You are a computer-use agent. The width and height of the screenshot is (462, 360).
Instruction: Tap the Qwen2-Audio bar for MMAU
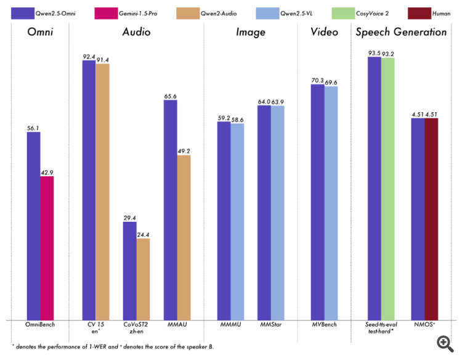tap(184, 237)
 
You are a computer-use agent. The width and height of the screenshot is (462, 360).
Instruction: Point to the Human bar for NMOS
tap(431, 218)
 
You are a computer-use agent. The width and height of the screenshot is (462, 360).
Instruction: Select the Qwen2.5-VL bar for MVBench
tap(331, 203)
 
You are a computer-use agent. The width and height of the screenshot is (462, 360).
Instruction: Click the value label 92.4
tap(89, 56)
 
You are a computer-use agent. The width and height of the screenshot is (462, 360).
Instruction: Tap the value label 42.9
tap(47, 172)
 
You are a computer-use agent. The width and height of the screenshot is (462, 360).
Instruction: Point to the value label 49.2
tap(184, 151)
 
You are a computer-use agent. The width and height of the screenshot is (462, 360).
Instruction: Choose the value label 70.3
tap(317, 80)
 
